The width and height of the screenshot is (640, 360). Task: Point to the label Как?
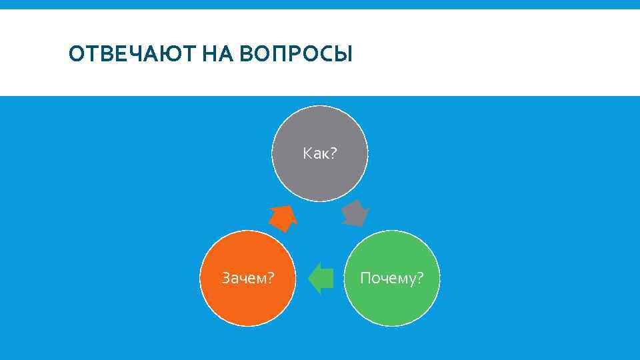pyautogui.click(x=319, y=154)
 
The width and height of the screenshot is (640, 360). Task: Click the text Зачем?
pyautogui.click(x=247, y=277)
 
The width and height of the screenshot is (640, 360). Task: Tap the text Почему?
pyautogui.click(x=391, y=277)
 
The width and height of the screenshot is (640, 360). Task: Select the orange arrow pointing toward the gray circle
pyautogui.click(x=283, y=217)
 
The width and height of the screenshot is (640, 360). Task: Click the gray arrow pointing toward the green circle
pyautogui.click(x=356, y=213)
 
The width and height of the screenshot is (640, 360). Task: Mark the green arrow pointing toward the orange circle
pyautogui.click(x=321, y=277)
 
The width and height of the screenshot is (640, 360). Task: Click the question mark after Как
pyautogui.click(x=333, y=154)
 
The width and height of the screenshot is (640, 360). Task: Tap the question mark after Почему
pyautogui.click(x=419, y=277)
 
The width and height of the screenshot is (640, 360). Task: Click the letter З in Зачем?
pyautogui.click(x=225, y=277)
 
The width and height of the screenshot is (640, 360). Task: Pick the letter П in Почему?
pyautogui.click(x=365, y=277)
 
